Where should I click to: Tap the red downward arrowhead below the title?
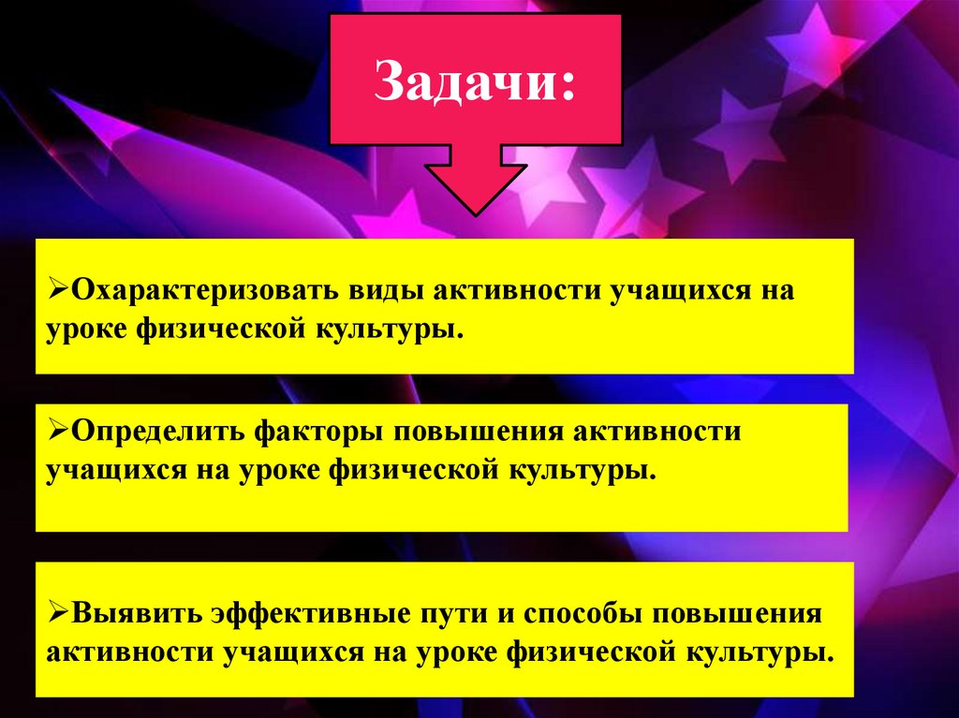coord(477,183)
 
